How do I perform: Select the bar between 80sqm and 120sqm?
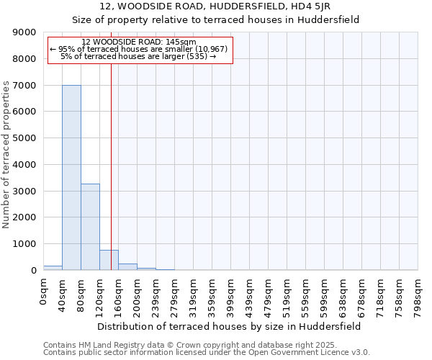tap(90, 227)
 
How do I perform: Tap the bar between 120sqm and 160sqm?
tap(109, 260)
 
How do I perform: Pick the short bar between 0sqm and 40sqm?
tap(53, 268)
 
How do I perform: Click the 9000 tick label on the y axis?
tap(24, 32)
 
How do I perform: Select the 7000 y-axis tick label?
tap(24, 86)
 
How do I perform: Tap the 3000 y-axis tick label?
tap(24, 191)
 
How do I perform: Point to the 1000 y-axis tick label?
tap(24, 244)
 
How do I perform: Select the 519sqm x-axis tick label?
tap(287, 295)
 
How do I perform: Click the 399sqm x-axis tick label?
tap(231, 295)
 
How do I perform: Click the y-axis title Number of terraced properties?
tap(7, 155)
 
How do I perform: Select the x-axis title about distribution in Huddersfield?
tap(230, 326)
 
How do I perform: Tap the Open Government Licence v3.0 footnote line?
tap(207, 353)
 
